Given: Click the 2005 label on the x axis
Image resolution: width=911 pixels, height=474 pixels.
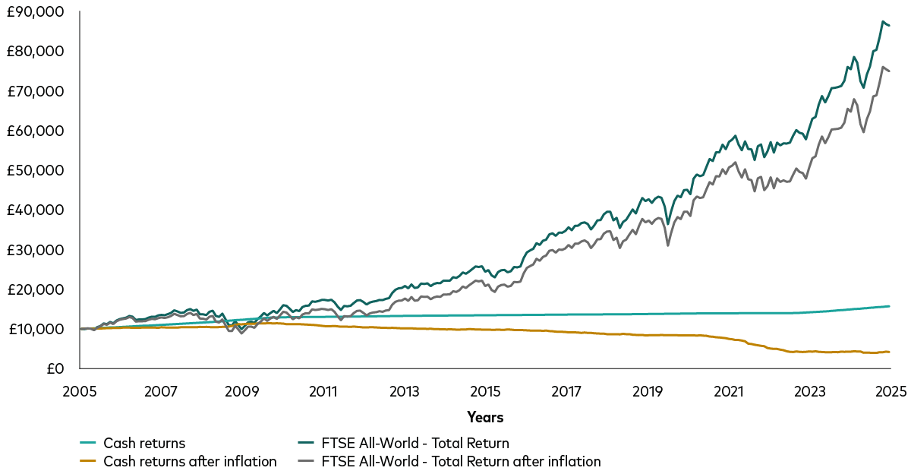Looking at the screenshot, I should [x=79, y=392].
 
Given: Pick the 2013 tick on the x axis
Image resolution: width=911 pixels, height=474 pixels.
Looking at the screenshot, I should [x=404, y=392].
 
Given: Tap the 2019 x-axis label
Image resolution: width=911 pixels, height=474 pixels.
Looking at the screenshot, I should [x=647, y=392].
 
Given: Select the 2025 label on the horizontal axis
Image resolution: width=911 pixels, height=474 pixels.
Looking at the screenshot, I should [x=890, y=392].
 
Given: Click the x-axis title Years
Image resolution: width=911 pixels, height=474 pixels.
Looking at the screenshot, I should [x=485, y=417].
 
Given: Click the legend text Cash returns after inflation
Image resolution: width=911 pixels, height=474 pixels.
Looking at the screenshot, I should [x=190, y=461].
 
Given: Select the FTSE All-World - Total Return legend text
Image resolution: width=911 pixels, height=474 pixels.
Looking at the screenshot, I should [x=415, y=443].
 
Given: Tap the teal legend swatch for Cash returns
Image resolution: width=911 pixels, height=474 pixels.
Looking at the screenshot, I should [x=88, y=443].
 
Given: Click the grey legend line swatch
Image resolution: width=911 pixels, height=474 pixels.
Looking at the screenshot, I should [x=306, y=461].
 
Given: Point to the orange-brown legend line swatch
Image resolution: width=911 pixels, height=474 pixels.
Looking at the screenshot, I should [x=88, y=461].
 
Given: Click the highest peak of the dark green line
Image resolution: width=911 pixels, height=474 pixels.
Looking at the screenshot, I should [x=883, y=21].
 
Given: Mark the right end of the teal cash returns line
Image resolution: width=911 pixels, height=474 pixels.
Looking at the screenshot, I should [x=889, y=306].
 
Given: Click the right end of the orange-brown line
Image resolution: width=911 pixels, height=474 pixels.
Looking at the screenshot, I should [x=889, y=352].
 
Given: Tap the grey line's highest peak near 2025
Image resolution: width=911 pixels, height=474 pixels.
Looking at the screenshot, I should [x=883, y=67].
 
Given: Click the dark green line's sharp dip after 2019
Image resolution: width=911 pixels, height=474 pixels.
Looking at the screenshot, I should [x=667, y=223].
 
